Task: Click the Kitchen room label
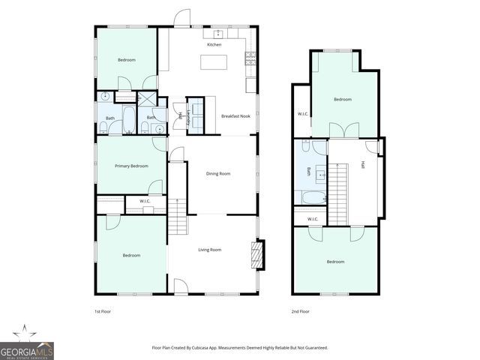coord(214,45)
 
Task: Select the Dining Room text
coord(218,173)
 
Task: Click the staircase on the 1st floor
coord(176,217)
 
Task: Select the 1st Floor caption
coord(102,311)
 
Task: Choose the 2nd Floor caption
coord(300,311)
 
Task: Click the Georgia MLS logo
coord(26,344)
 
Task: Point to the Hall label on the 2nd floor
coord(363,164)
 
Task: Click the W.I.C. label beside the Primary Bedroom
coord(145,201)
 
